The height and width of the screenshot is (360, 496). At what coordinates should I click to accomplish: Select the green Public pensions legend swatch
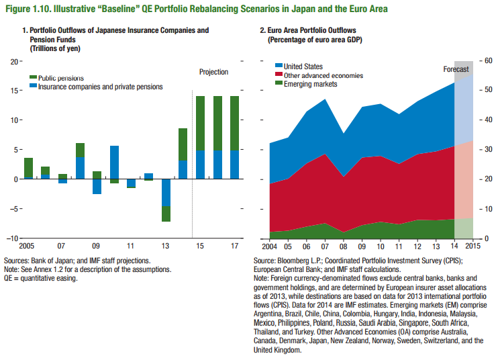tap(33, 78)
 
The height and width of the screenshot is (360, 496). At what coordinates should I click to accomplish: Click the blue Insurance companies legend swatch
tap(33, 87)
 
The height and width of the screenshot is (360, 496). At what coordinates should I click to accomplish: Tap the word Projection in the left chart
tap(213, 72)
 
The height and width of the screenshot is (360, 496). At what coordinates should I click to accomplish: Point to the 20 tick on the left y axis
tap(13, 62)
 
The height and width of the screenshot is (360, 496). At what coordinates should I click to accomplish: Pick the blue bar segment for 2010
tap(114, 162)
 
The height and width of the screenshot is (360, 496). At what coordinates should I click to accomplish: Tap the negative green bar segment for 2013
tap(166, 214)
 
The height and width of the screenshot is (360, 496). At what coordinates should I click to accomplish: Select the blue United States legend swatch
tap(279, 66)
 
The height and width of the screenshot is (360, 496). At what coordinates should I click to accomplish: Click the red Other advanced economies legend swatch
tap(279, 75)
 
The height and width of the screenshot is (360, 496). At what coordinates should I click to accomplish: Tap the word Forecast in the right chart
tap(457, 70)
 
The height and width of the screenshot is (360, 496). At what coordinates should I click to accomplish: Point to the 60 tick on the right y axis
tap(488, 60)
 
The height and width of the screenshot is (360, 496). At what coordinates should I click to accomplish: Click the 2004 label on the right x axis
tap(269, 246)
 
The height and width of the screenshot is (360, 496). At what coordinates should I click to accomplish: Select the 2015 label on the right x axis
tap(473, 246)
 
